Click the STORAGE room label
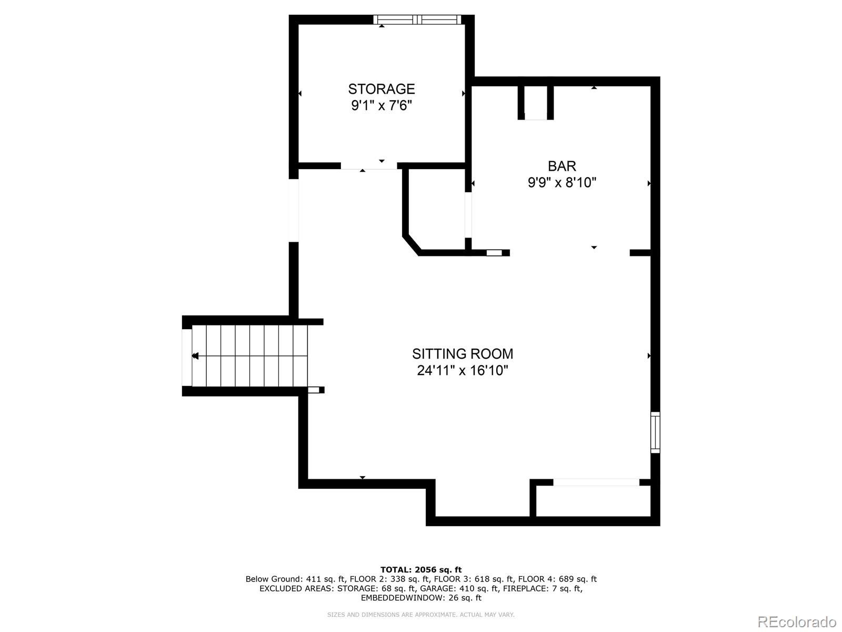pyautogui.click(x=381, y=88)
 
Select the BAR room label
pyautogui.click(x=562, y=166)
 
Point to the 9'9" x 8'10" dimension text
pyautogui.click(x=562, y=183)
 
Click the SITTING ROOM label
pyautogui.click(x=462, y=353)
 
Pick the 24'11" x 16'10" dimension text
pyautogui.click(x=462, y=371)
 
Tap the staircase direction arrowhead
pyautogui.click(x=195, y=356)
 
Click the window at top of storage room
pyautogui.click(x=417, y=20)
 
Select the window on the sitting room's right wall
pyautogui.click(x=655, y=432)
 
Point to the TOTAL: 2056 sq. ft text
pyautogui.click(x=420, y=569)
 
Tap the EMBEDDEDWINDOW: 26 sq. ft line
pyautogui.click(x=420, y=598)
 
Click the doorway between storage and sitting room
pyautogui.click(x=368, y=165)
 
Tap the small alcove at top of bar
pyautogui.click(x=536, y=102)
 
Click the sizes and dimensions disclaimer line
pyautogui.click(x=420, y=615)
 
